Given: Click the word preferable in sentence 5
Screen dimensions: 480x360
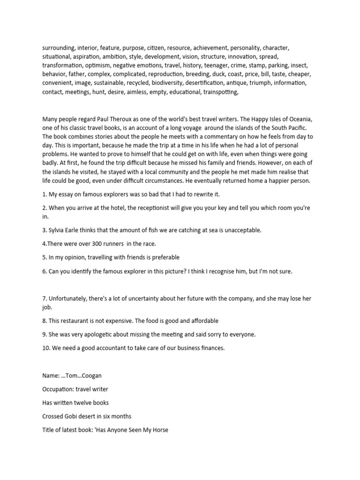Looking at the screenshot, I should tap(163, 257).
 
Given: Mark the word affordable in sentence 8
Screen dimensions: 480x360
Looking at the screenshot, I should tap(199, 321).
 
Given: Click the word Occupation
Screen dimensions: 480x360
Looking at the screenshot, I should tap(58, 389).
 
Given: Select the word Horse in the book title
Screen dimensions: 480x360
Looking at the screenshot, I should tap(158, 429).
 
